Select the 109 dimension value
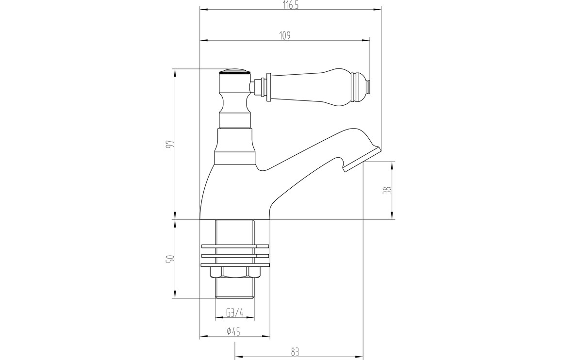point(285,36)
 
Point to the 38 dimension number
point(387,190)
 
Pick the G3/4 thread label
point(235,313)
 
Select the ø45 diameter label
point(233,331)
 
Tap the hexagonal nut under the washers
point(235,272)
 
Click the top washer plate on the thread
point(235,246)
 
